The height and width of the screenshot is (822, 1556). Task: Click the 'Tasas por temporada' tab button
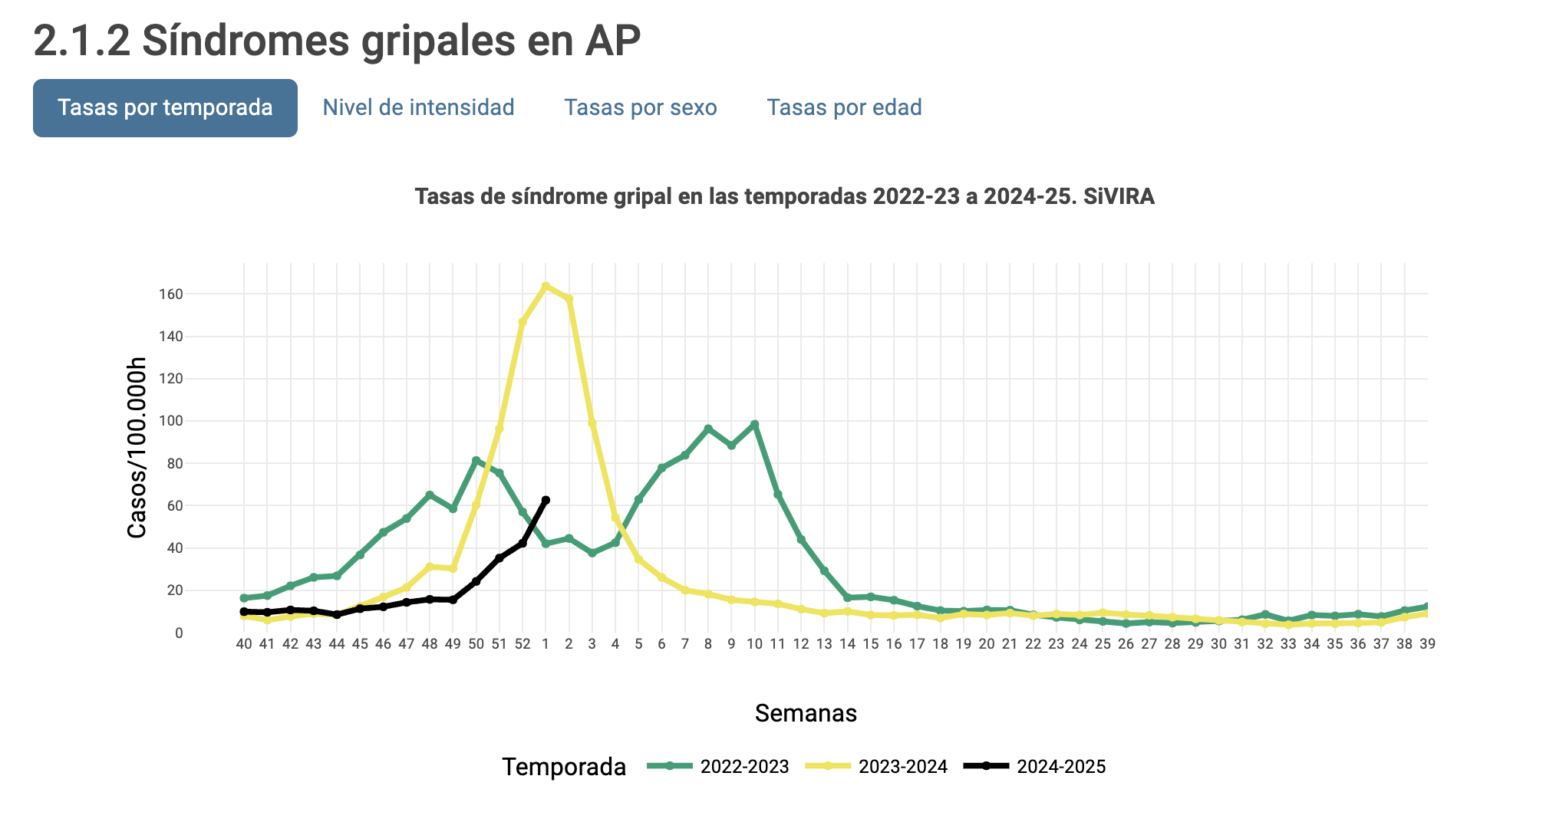[165, 108]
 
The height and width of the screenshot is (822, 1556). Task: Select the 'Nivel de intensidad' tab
[418, 108]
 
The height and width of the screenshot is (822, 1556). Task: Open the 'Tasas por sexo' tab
[641, 108]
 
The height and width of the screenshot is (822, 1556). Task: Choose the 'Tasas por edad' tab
[844, 108]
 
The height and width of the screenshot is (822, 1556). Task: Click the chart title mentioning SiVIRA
[784, 197]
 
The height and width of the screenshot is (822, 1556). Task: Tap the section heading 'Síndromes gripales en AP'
[337, 41]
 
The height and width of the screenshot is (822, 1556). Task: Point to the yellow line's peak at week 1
[546, 286]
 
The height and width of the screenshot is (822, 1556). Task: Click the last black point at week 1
[546, 500]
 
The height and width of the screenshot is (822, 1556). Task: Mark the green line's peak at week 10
[755, 424]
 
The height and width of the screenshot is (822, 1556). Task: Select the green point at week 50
[476, 460]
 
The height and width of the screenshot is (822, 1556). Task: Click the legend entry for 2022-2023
[718, 767]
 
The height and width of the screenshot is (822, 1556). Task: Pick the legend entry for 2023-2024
[876, 767]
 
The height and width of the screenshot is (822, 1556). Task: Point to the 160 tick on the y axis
[170, 294]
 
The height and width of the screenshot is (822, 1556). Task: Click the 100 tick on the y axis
[170, 421]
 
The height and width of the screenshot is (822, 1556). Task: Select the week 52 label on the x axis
[523, 644]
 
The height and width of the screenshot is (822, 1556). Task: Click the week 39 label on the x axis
[1427, 644]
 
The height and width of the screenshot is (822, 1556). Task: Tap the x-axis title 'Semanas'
[806, 713]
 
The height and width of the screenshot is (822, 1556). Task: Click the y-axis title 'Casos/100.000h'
[137, 448]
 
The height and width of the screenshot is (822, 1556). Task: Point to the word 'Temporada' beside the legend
[564, 767]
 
